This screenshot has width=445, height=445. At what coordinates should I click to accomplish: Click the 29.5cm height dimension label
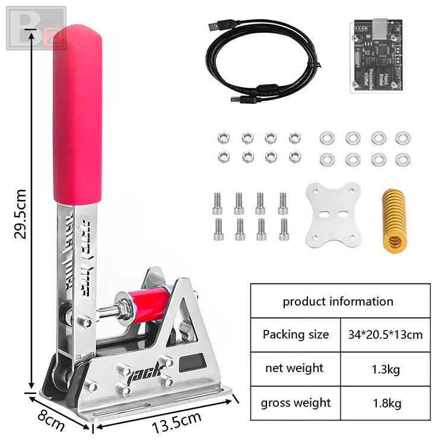click(20, 213)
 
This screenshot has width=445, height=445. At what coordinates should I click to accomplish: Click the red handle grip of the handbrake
click(77, 113)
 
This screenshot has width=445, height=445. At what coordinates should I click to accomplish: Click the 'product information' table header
click(338, 301)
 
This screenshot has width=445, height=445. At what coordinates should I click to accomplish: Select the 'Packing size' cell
click(295, 335)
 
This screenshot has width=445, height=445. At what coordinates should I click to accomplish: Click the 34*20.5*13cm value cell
click(384, 335)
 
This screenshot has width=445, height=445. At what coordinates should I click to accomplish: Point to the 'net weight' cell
click(295, 368)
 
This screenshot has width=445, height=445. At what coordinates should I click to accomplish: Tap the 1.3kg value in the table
click(384, 369)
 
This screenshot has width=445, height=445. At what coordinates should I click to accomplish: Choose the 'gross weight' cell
click(295, 403)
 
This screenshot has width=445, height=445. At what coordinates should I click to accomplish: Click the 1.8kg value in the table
click(384, 403)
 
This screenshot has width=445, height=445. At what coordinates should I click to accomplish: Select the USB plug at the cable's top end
click(216, 27)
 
